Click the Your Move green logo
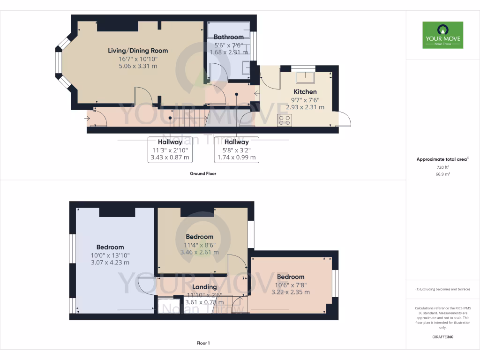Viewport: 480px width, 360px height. (x=442, y=35)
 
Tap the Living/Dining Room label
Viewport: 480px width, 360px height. (x=138, y=51)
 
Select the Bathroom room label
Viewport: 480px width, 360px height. (x=228, y=37)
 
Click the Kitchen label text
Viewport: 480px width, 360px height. (x=305, y=92)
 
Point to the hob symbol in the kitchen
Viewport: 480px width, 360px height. (x=284, y=120)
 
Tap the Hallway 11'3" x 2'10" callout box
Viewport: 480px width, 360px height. (x=170, y=150)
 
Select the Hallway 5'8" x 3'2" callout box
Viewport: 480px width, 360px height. (x=236, y=150)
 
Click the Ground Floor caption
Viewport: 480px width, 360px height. (x=202, y=173)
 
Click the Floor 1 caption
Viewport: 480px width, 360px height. (x=202, y=343)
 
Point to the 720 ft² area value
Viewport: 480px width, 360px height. (x=442, y=167)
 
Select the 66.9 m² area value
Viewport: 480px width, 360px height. (x=442, y=174)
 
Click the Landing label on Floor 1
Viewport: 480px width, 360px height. (x=204, y=287)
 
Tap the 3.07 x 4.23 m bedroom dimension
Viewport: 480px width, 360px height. (x=110, y=262)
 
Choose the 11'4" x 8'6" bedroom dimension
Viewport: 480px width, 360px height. (x=199, y=244)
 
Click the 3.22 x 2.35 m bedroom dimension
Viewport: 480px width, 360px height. (x=290, y=292)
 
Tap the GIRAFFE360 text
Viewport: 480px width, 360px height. (x=442, y=337)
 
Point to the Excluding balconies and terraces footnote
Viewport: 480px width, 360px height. (x=442, y=289)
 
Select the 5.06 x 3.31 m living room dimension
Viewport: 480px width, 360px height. (x=138, y=66)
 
